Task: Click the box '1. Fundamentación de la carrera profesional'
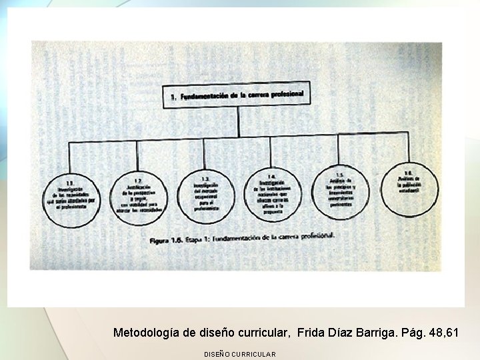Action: pos(237,96)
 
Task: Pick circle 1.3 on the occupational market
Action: pos(205,194)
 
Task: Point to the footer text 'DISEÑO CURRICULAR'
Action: pos(239,354)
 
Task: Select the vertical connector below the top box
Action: pos(238,123)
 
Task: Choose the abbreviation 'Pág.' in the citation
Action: pos(413,332)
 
